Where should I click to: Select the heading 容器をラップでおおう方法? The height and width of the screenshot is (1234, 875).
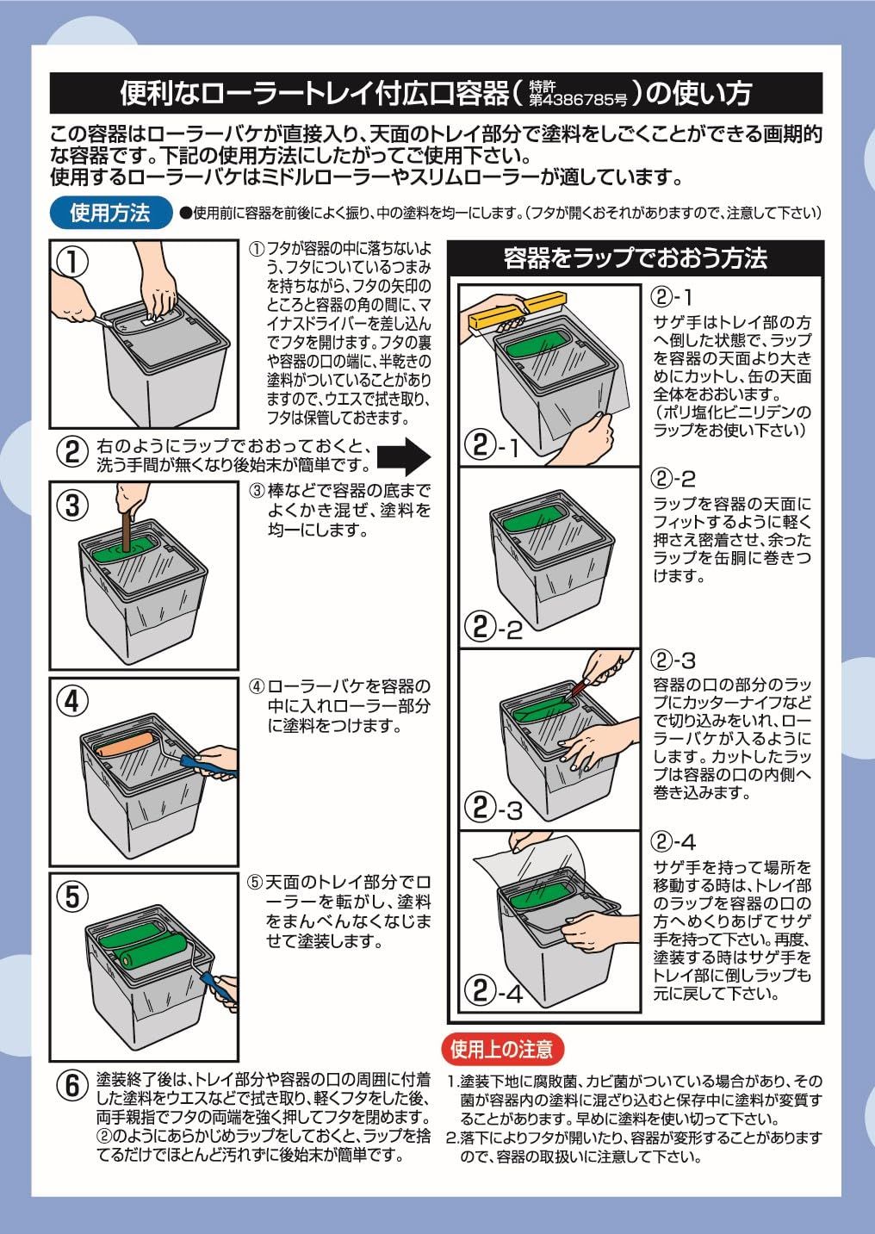635,257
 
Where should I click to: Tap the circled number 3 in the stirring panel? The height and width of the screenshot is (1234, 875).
74,504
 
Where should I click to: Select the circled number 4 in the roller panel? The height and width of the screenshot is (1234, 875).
74,700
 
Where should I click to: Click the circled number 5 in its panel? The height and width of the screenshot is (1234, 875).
74,896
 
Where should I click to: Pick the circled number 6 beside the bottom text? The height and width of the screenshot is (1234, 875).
73,1087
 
